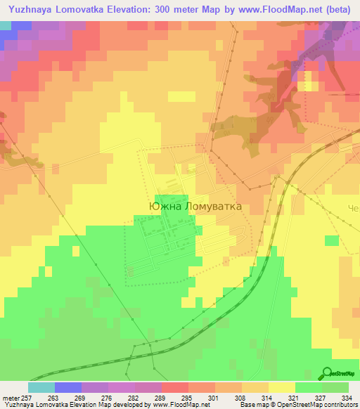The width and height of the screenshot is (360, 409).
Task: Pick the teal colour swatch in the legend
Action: [41, 387]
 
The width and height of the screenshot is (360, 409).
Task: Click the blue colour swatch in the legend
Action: [68, 387]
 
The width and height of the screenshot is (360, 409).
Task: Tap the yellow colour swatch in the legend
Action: [282, 387]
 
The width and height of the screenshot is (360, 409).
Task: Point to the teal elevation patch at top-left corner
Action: [6, 25]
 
